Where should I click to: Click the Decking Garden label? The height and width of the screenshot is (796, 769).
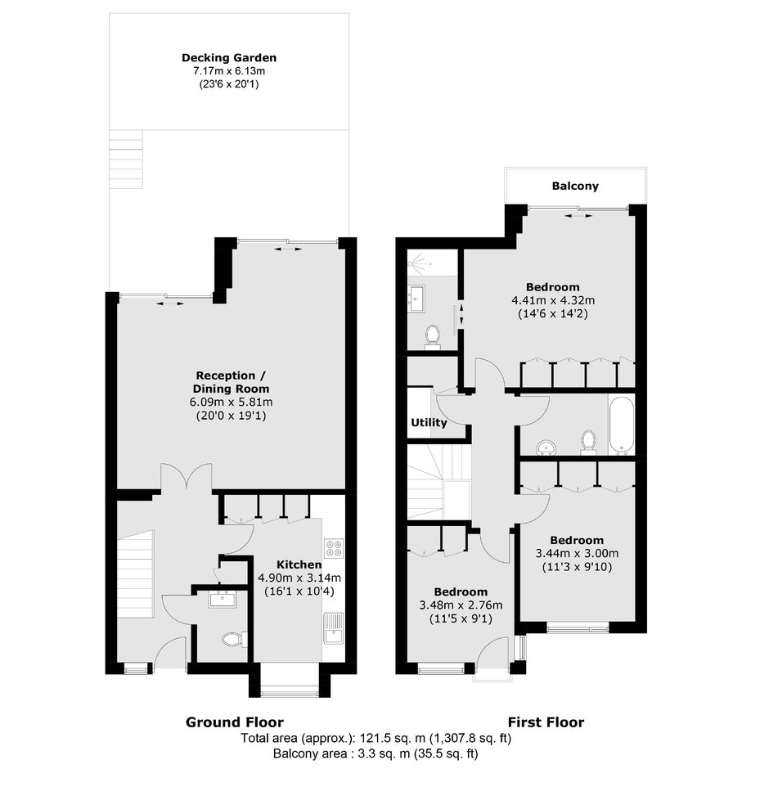pos(229,58)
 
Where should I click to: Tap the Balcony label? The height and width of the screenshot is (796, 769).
pos(575,186)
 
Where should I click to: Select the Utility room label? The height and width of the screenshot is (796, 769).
pos(429,422)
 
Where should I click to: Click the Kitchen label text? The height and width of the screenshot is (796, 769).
pos(299,564)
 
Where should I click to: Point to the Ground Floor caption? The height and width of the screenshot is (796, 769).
pos(235,722)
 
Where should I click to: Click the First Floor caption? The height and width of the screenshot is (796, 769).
pos(546,722)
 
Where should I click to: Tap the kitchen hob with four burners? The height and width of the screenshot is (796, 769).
pos(334,548)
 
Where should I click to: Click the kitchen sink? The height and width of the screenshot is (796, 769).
pos(333,628)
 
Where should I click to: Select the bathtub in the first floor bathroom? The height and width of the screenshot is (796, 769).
pos(621,425)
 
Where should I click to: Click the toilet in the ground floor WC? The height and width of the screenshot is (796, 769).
pos(234,639)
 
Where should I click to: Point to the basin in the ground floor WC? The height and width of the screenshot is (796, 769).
pos(223,600)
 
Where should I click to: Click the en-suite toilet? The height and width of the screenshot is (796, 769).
pos(433,337)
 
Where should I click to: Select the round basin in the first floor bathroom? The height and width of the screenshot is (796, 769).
pos(546,447)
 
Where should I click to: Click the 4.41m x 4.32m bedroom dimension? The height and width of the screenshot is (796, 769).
pos(553,300)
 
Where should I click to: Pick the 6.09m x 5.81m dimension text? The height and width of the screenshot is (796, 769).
pos(231,402)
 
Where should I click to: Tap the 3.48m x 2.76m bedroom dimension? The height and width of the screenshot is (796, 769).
pos(461,605)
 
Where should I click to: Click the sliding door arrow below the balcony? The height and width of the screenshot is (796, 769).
pos(578,216)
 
